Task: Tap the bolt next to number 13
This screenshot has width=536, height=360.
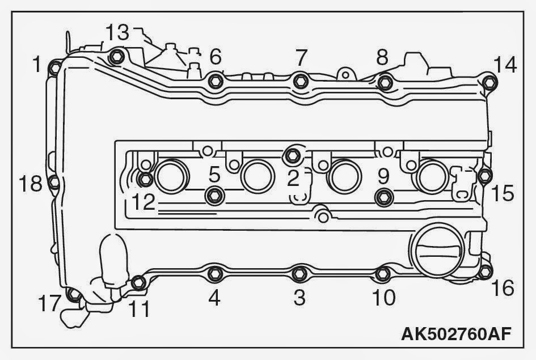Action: tap(116, 56)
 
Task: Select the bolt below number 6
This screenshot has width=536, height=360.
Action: tap(214, 81)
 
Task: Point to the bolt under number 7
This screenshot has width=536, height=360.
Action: tap(301, 81)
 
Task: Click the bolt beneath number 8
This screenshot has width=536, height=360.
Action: tap(385, 82)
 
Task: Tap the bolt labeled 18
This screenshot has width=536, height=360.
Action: tap(54, 182)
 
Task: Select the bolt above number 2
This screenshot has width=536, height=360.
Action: tap(293, 153)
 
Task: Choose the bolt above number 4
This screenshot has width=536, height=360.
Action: tap(214, 274)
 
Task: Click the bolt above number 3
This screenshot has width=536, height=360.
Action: tap(299, 274)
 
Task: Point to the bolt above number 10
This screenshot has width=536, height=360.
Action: tap(383, 275)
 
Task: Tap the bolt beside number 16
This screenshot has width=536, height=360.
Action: tap(483, 273)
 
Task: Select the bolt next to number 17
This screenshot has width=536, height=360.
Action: tap(73, 295)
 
